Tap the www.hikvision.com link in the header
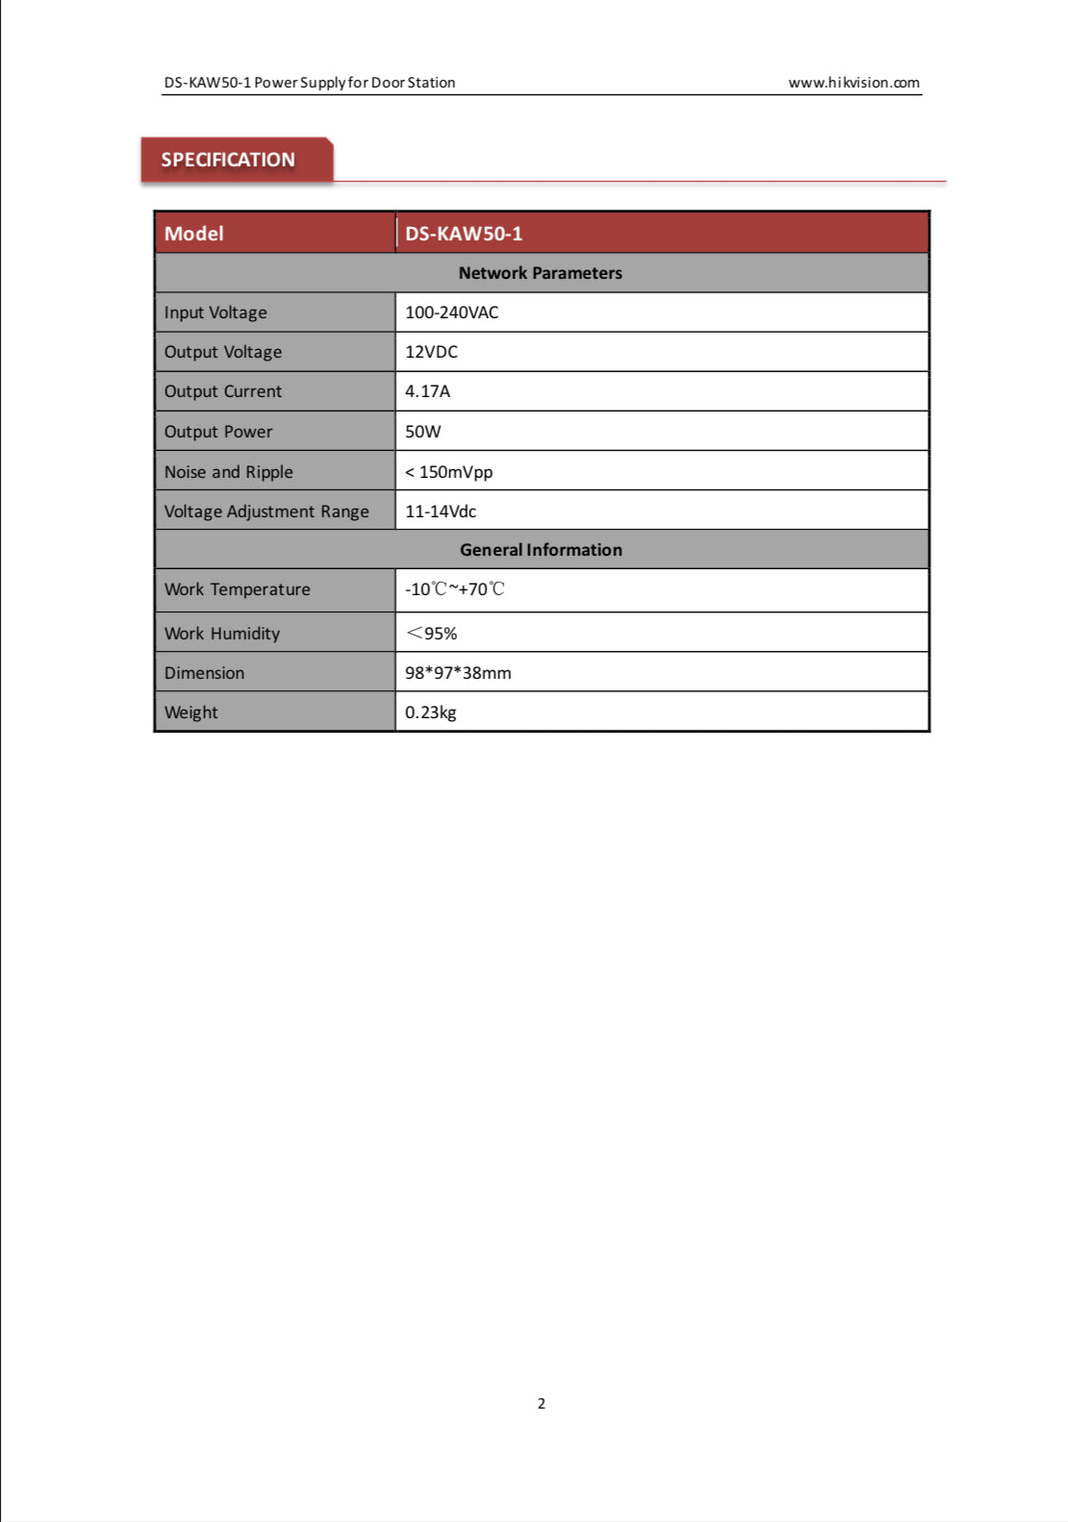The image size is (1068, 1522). [853, 83]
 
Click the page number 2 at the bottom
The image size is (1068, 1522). [542, 1403]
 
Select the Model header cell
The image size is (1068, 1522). [194, 234]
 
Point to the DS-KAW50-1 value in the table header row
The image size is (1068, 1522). [464, 234]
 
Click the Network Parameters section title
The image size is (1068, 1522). [540, 273]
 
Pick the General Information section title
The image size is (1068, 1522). [541, 550]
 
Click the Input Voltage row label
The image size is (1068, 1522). [216, 312]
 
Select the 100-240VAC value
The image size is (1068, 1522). [451, 312]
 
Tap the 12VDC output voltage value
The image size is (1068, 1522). [431, 352]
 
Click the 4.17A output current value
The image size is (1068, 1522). [427, 391]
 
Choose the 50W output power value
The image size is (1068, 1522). [422, 432]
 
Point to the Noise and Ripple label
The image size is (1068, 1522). [228, 472]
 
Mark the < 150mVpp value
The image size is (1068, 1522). [448, 472]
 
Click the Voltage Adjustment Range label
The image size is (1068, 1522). [267, 511]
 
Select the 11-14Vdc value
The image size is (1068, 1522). [440, 511]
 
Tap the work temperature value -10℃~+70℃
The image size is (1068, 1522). [454, 589]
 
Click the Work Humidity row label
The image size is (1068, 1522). [222, 634]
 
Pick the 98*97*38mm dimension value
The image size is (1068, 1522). [458, 673]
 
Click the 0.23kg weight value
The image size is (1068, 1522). [430, 712]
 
